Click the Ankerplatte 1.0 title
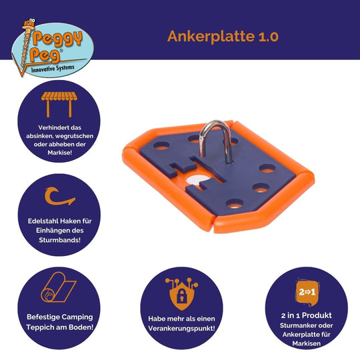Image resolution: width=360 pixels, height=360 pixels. click(223, 37)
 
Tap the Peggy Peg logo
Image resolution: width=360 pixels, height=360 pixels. click(53, 48)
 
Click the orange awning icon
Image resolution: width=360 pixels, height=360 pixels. click(59, 105)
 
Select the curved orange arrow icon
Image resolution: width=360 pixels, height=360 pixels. click(59, 196)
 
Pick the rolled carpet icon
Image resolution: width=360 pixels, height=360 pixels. click(59, 287)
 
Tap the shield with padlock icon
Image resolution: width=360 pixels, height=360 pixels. click(181, 294)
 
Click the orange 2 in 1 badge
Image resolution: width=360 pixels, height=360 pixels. click(307, 292)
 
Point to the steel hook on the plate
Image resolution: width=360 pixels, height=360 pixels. click(215, 141)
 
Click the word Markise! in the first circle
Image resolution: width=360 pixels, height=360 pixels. click(60, 153)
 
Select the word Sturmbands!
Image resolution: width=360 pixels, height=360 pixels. click(60, 240)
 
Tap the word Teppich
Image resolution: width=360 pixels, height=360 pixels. click(40, 327)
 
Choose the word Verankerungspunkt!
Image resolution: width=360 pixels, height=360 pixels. click(181, 328)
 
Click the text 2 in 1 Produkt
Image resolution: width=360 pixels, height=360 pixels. click(307, 315)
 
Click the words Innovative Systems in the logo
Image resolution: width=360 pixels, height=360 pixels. click(53, 69)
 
